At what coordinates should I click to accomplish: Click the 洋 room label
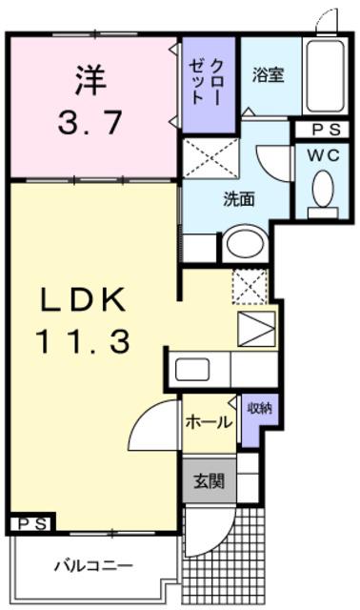(x=90, y=80)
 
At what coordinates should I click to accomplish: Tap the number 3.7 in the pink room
(x=90, y=122)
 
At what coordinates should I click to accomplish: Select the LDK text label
(x=84, y=299)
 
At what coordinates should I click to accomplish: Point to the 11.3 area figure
(x=83, y=340)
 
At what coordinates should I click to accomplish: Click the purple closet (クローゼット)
(x=209, y=85)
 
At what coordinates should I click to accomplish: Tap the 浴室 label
(x=268, y=74)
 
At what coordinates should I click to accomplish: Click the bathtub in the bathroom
(x=325, y=76)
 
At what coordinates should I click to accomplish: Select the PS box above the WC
(x=322, y=130)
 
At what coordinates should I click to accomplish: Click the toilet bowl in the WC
(x=323, y=189)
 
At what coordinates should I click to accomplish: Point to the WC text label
(x=324, y=156)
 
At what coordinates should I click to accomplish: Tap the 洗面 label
(x=238, y=199)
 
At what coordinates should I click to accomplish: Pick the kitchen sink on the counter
(x=192, y=370)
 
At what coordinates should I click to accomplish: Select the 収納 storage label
(x=260, y=408)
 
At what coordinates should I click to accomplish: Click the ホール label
(x=209, y=421)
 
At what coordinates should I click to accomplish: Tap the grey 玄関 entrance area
(x=210, y=480)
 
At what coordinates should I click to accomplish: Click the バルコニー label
(x=93, y=565)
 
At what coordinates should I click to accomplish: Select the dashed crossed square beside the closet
(x=210, y=158)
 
